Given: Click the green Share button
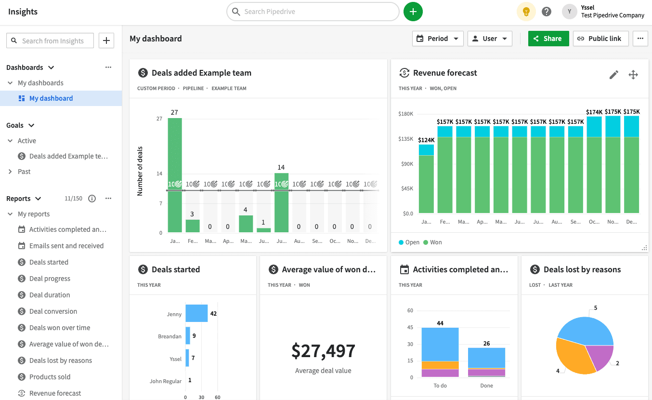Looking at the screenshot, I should tap(548, 39).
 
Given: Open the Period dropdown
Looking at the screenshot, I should tap(438, 39).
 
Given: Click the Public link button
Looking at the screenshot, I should tap(600, 39).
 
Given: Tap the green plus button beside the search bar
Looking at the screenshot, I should tap(413, 12).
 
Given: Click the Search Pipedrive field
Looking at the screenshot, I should tap(313, 12).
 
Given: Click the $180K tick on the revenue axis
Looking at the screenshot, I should tap(406, 114).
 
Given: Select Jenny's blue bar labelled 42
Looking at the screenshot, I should tap(196, 313).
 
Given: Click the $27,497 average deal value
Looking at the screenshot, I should tap(323, 351).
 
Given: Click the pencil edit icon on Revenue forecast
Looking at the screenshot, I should tap(613, 75).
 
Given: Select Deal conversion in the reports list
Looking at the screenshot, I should tap(53, 311).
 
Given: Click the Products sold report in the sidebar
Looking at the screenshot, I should tap(50, 377).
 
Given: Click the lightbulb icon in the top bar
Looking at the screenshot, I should tap(526, 12).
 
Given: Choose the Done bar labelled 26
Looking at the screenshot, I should tap(486, 359).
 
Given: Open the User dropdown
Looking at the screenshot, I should tap(490, 39).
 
